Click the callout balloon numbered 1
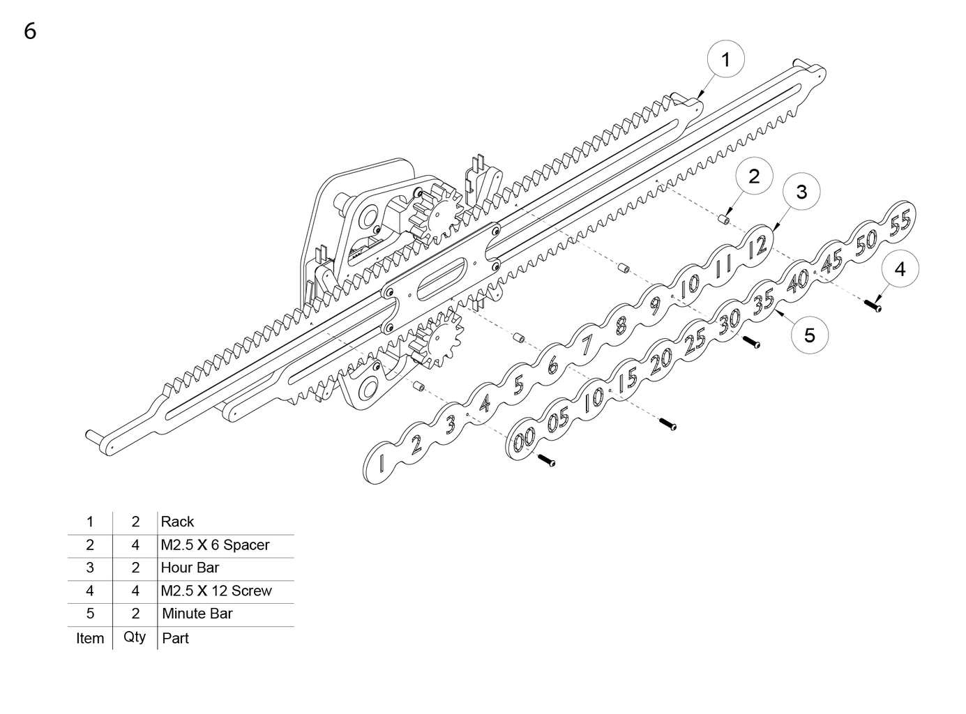pos(725,60)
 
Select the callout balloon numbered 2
pos(753,176)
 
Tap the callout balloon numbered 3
pos(801,191)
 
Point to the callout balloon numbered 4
pos(900,269)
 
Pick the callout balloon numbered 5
pos(809,335)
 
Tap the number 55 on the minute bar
pos(900,222)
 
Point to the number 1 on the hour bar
pos(382,462)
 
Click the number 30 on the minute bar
pos(729,321)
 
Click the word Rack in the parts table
pos(177,522)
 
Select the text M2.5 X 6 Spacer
pos(215,545)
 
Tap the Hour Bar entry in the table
pos(190,568)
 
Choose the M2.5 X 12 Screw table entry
pos(216,591)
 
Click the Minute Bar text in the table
pos(197,614)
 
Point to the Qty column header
pos(135,637)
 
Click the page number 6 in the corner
pos(30,31)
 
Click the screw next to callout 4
pos(873,305)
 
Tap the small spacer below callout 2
pos(725,220)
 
